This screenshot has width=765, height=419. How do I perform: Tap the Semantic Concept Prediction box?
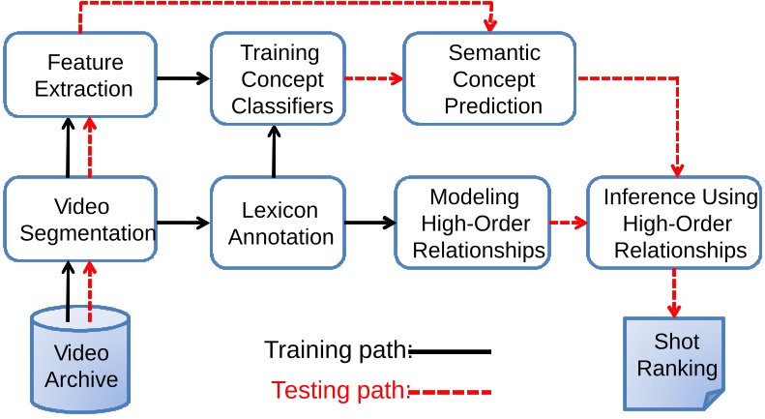tap(492, 78)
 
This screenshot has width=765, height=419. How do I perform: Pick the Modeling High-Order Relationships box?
tap(473, 224)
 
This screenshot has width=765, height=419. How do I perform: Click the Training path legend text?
tap(336, 351)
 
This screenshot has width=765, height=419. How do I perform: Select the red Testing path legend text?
tap(339, 391)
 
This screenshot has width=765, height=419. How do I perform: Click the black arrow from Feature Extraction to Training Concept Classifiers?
tap(183, 76)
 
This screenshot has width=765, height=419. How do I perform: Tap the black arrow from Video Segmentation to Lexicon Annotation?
tap(183, 223)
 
